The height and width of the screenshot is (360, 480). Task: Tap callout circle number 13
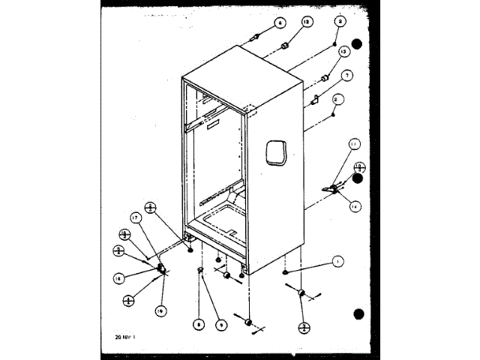tap(343, 52)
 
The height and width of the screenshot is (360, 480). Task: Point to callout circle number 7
tap(347, 76)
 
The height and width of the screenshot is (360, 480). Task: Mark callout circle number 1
tap(337, 261)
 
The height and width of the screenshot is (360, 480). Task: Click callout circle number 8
tap(199, 325)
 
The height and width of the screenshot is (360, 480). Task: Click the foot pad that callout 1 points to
tap(286, 273)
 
